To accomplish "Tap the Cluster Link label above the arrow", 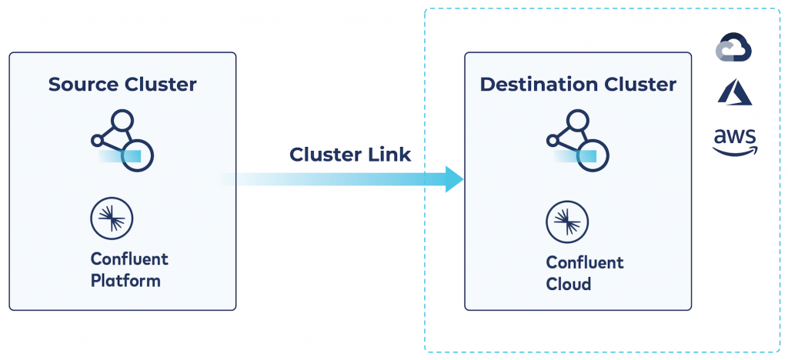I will click(x=350, y=154).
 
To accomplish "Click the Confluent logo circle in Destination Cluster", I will click(x=567, y=222).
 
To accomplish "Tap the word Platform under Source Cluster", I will click(x=125, y=281).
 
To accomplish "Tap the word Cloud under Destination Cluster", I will click(x=568, y=284).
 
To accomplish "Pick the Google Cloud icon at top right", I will click(x=733, y=48).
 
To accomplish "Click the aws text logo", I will click(x=735, y=137).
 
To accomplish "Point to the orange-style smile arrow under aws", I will click(x=735, y=151).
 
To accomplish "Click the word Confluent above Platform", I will click(x=129, y=258).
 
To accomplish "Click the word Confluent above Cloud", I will click(x=585, y=262).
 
